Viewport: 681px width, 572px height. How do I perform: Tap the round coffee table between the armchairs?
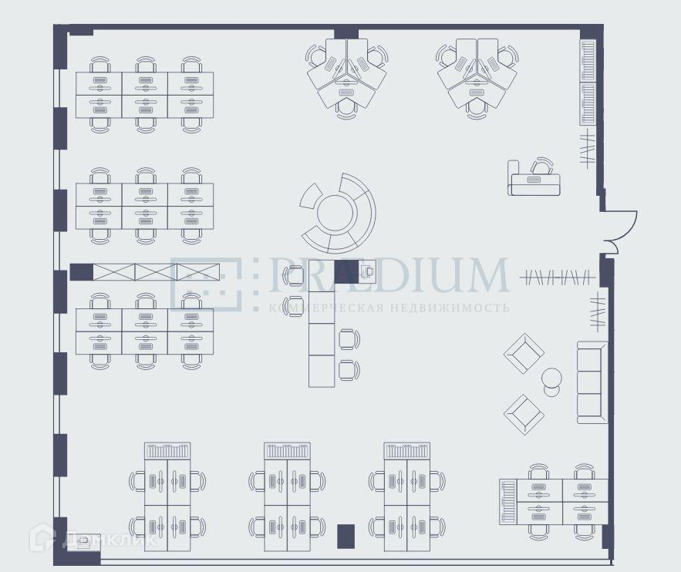click(551, 379)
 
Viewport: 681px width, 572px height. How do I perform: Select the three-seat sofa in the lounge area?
click(592, 382)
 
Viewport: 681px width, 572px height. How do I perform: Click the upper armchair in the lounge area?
click(524, 354)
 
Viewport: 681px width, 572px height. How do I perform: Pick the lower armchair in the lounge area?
click(524, 414)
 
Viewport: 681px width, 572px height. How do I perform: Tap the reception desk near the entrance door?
click(534, 183)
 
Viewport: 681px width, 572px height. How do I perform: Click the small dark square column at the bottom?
click(346, 536)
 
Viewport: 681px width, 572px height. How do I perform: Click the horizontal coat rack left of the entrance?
click(557, 277)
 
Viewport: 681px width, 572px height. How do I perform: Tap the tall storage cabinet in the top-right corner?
click(588, 82)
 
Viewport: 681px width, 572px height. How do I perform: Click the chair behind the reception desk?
click(544, 166)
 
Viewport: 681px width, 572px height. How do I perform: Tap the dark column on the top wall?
click(346, 32)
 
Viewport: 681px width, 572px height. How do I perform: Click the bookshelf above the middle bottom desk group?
click(287, 450)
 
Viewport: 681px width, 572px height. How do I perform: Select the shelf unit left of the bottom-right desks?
click(507, 500)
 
